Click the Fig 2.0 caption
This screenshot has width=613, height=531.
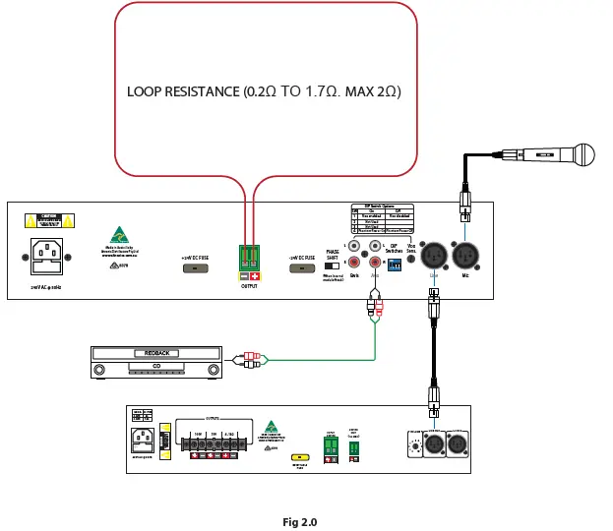[300, 522]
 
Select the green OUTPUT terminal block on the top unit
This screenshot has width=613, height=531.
[248, 259]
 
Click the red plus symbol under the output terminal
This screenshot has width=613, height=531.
[255, 278]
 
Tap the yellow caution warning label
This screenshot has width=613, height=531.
[47, 220]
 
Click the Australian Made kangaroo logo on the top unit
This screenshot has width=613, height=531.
[120, 235]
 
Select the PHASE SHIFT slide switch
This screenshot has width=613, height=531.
[332, 265]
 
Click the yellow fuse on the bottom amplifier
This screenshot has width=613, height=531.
[298, 457]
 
